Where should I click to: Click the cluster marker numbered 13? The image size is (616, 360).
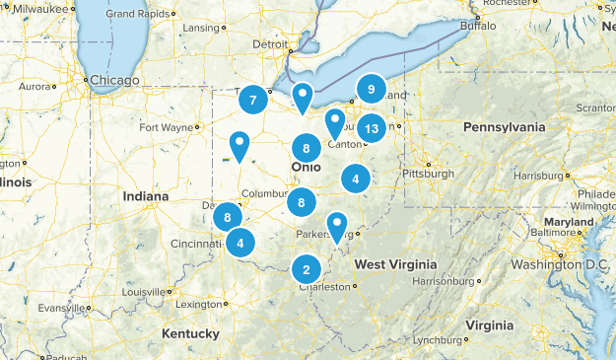click(371, 128)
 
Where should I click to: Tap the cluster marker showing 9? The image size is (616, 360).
click(371, 90)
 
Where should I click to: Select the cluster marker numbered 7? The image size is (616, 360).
click(253, 99)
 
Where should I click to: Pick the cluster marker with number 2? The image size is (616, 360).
click(307, 268)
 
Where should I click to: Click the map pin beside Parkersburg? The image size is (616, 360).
click(337, 227)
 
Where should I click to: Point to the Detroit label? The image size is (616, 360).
click(271, 44)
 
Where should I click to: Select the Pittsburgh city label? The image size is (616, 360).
click(428, 174)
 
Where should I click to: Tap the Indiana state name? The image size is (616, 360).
click(145, 196)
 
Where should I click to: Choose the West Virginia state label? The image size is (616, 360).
click(396, 264)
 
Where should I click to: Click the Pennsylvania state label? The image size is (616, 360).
click(506, 127)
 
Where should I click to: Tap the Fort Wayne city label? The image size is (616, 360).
click(165, 126)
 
